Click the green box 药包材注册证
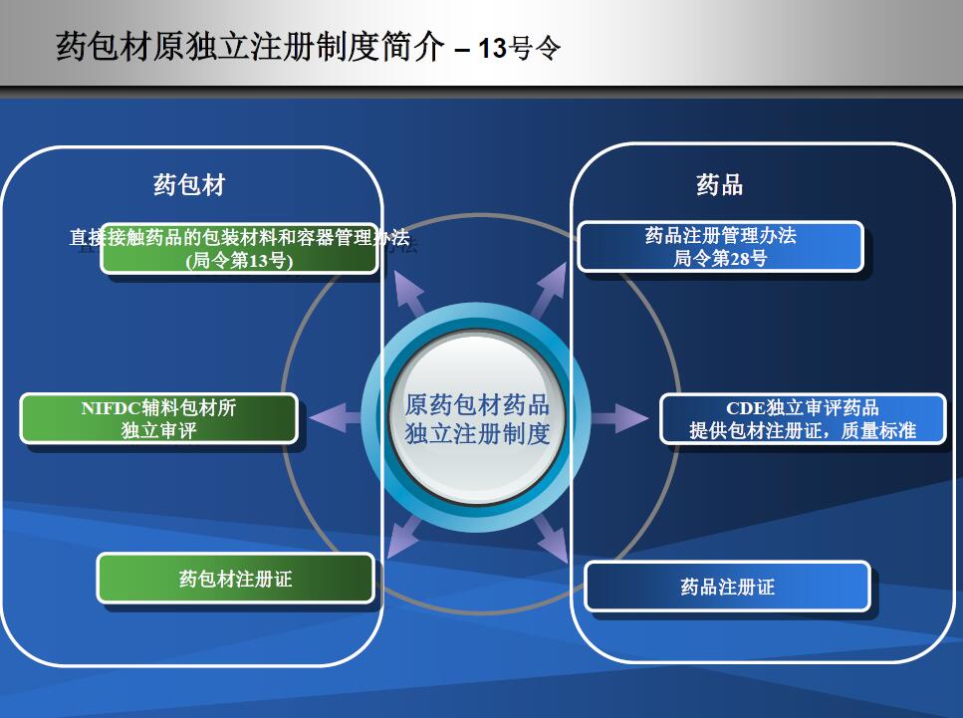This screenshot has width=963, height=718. (x=236, y=578)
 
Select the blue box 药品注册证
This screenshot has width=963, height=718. (x=728, y=587)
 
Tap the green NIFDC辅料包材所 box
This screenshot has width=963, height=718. (x=159, y=418)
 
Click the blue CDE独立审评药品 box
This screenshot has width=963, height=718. (x=803, y=419)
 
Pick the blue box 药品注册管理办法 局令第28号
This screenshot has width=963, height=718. (x=720, y=246)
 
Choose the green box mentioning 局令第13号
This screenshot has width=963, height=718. (x=239, y=248)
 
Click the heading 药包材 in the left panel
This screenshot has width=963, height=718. (x=190, y=185)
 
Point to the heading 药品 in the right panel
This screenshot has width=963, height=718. (x=720, y=184)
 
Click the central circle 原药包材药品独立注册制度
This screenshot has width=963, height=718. (x=477, y=418)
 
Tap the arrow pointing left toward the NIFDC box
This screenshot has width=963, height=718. (x=336, y=418)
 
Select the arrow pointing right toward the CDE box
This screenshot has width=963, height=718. (x=619, y=418)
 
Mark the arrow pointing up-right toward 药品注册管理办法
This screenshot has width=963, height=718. (x=549, y=290)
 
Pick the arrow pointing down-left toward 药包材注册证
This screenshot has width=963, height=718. (x=404, y=537)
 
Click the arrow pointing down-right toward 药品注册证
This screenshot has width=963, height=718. (x=552, y=539)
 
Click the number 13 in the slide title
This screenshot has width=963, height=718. (x=492, y=49)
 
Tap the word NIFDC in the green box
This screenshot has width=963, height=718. (x=112, y=408)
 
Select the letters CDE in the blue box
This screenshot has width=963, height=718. (x=746, y=408)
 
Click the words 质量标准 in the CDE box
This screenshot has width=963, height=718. (x=878, y=430)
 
